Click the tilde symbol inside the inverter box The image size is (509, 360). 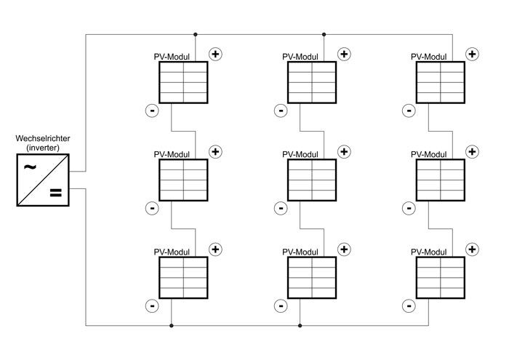pyautogui.click(x=31, y=167)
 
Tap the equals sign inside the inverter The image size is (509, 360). pyautogui.click(x=55, y=193)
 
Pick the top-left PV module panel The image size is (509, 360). pyautogui.click(x=183, y=82)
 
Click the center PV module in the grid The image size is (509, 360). pyautogui.click(x=312, y=180)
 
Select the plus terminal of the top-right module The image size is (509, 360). pyautogui.click(x=473, y=54)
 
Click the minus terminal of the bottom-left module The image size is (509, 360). pyautogui.click(x=151, y=305)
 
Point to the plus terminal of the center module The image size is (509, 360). pyautogui.click(x=344, y=151)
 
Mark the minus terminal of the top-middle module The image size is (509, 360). pyautogui.click(x=280, y=111)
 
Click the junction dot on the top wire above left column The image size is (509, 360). pyautogui.click(x=196, y=34)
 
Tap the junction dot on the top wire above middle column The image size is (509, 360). pyautogui.click(x=324, y=34)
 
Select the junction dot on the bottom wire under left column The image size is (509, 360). pyautogui.click(x=171, y=325)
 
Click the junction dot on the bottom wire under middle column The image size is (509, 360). pyautogui.click(x=300, y=325)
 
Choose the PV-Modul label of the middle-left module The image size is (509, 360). pyautogui.click(x=172, y=154)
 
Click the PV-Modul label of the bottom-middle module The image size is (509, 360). pyautogui.click(x=300, y=252)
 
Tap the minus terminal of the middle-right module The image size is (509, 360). pyautogui.click(x=409, y=208)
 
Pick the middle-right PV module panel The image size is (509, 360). pyautogui.click(x=441, y=180)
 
